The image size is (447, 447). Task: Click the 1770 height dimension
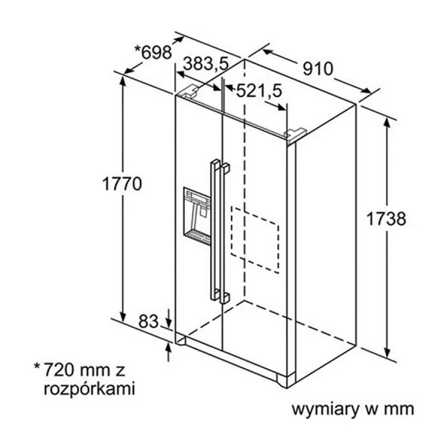(121, 183)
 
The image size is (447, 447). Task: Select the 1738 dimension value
(386, 219)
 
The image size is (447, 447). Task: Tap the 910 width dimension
(317, 69)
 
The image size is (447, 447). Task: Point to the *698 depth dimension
(153, 52)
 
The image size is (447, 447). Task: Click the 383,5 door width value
(206, 63)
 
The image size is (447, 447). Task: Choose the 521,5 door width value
(259, 91)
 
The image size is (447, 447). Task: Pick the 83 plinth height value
(148, 321)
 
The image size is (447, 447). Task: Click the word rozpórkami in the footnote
(89, 389)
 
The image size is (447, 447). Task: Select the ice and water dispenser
(197, 217)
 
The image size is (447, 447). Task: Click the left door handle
(215, 229)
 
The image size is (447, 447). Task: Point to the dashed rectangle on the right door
(255, 240)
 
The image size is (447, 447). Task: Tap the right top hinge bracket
(296, 134)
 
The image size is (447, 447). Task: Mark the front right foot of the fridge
(286, 381)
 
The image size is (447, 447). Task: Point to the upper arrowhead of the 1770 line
(123, 81)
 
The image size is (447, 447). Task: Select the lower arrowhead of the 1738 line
(387, 352)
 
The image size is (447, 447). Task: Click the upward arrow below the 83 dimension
(169, 352)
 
